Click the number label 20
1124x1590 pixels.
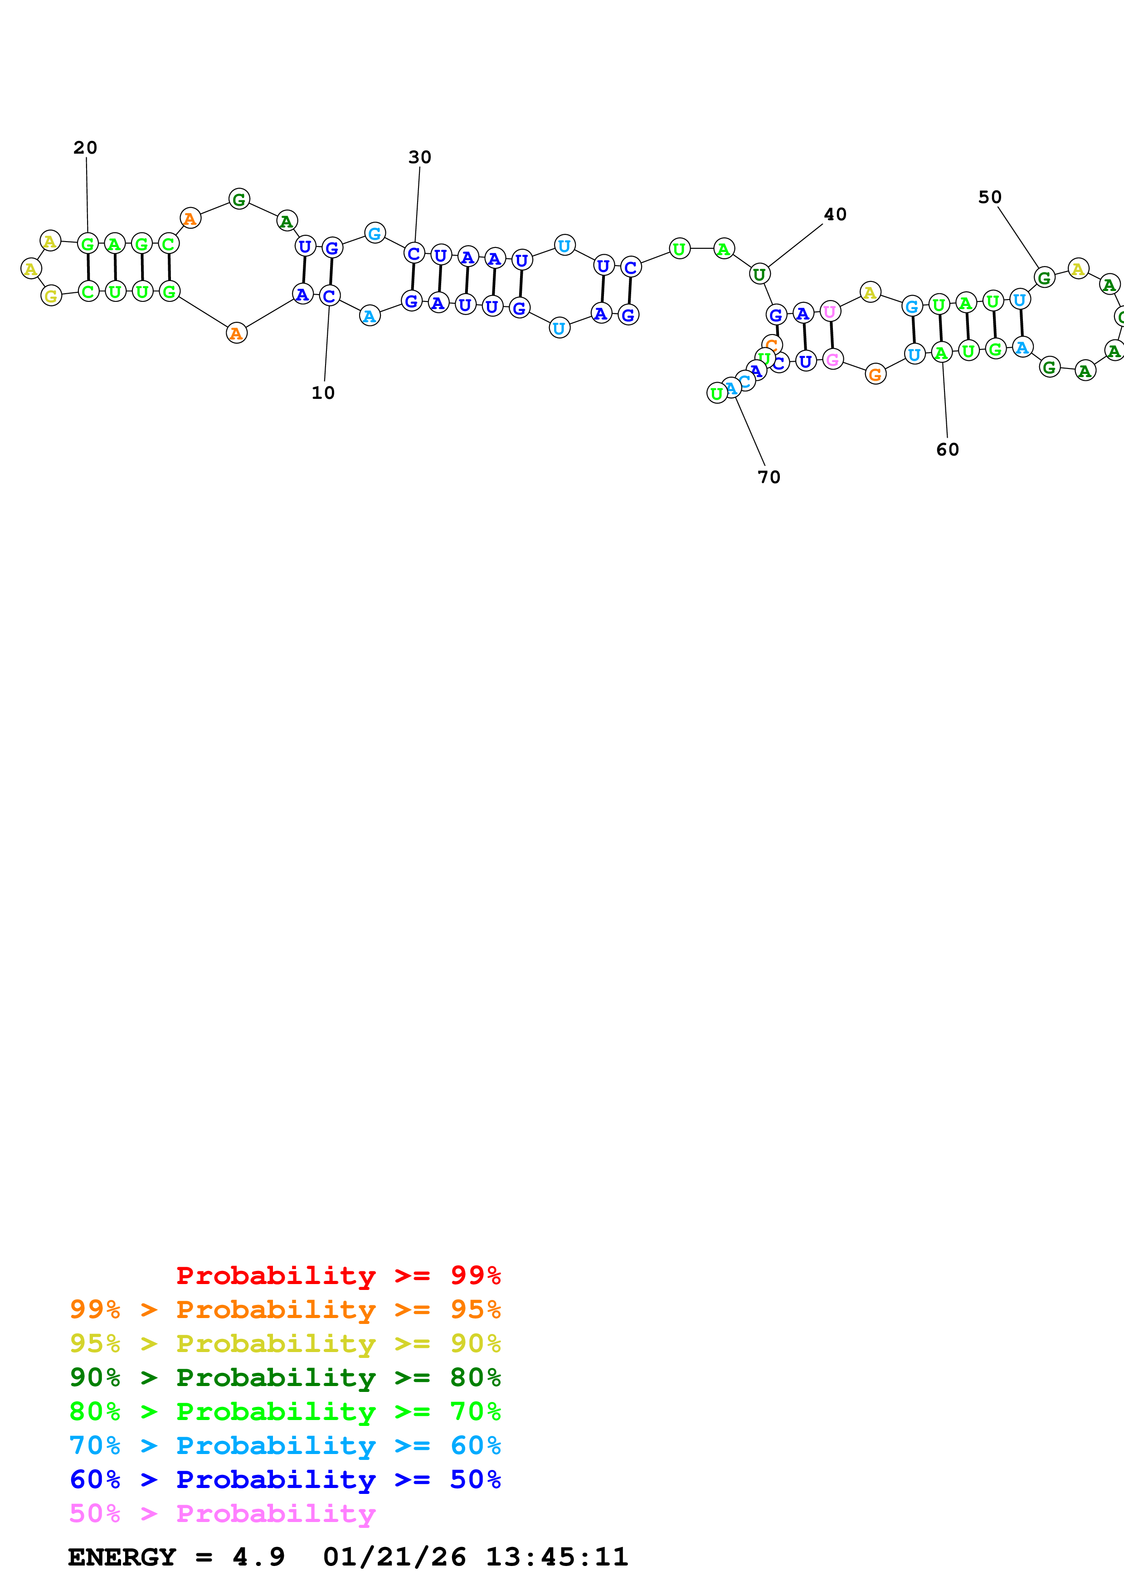(x=85, y=147)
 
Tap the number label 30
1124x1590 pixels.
(x=420, y=157)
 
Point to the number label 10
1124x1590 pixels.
(x=323, y=393)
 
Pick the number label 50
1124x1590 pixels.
(x=990, y=197)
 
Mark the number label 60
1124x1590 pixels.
(x=948, y=450)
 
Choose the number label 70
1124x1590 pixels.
(x=769, y=477)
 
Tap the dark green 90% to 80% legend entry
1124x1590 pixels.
(x=285, y=1377)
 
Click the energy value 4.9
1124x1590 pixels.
(x=258, y=1557)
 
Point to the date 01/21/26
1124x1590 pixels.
(x=394, y=1557)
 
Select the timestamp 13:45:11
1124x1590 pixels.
(x=557, y=1557)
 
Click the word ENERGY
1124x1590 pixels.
(x=122, y=1557)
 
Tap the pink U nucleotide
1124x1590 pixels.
(x=830, y=312)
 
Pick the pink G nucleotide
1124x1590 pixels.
(x=832, y=359)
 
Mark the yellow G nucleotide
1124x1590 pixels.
(x=51, y=296)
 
